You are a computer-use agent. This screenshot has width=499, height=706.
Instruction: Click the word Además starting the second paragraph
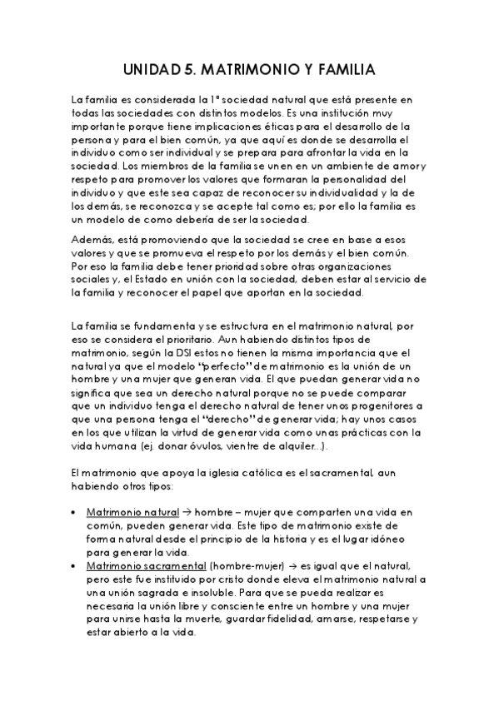(92, 241)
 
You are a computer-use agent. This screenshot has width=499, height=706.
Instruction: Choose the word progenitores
(382, 406)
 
